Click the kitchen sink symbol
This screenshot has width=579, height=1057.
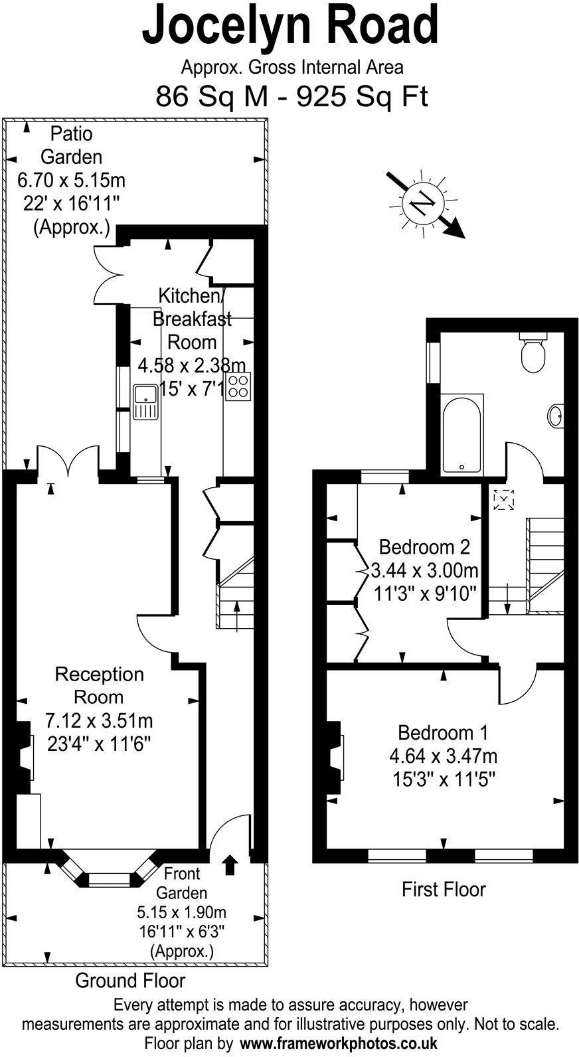(x=145, y=402)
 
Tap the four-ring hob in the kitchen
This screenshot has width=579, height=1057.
(x=238, y=387)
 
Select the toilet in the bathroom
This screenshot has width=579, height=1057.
(x=533, y=352)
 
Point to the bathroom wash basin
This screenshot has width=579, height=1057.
(x=556, y=416)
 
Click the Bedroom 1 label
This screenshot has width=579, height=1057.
(x=443, y=733)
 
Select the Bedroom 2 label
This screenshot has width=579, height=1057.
(x=424, y=547)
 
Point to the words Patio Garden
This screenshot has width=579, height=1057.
(x=72, y=145)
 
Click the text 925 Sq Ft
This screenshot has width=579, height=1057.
(x=362, y=97)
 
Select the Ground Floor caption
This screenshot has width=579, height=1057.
(x=130, y=980)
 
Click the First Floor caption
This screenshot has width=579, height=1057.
(x=444, y=889)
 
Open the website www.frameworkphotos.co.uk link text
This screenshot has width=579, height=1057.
(x=338, y=1043)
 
